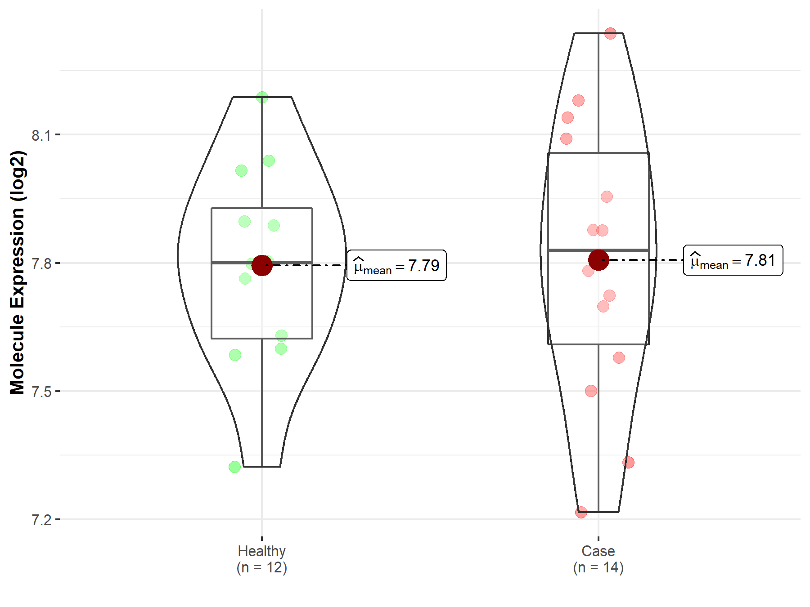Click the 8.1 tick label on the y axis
pyautogui.click(x=41, y=135)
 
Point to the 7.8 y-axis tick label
pyautogui.click(x=41, y=263)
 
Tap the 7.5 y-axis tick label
pyautogui.click(x=41, y=392)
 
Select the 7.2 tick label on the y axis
pyautogui.click(x=41, y=520)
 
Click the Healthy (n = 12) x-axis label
pyautogui.click(x=262, y=559)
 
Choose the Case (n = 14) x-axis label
pyautogui.click(x=598, y=559)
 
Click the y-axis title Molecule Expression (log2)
pyautogui.click(x=17, y=272)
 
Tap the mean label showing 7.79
pyautogui.click(x=397, y=265)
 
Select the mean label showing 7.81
pyautogui.click(x=733, y=260)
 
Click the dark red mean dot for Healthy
pyautogui.click(x=262, y=265)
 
